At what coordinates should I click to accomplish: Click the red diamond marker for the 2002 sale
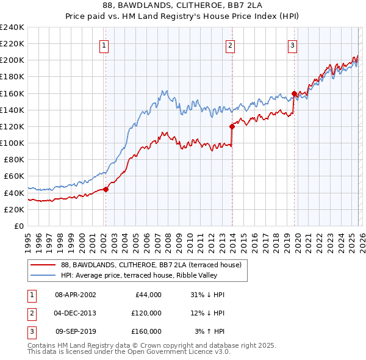click(x=106, y=189)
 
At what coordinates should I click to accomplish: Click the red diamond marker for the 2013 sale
click(x=232, y=126)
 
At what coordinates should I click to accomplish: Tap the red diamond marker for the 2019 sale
click(x=294, y=93)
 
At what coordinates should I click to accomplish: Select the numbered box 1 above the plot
click(x=104, y=45)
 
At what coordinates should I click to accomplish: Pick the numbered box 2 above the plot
click(x=230, y=45)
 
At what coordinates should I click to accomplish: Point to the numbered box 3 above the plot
click(x=293, y=45)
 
